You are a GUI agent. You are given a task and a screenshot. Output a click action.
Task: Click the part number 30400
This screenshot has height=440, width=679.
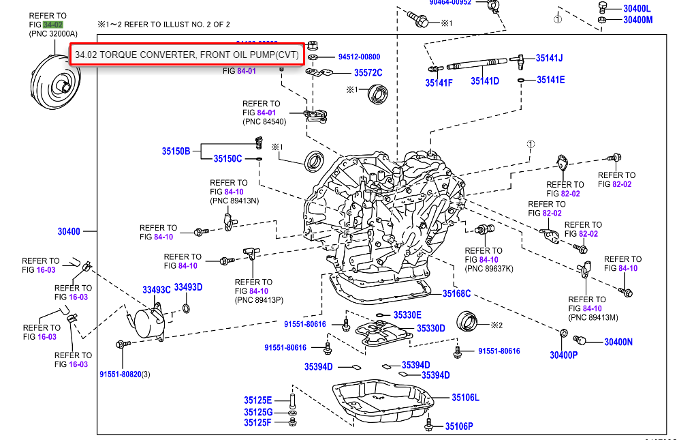point(69,232)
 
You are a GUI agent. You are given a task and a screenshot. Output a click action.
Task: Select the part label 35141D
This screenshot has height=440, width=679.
point(485,80)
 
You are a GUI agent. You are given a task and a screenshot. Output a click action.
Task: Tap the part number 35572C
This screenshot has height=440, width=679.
point(368,73)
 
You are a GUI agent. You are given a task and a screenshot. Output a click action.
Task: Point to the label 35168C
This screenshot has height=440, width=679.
point(456,293)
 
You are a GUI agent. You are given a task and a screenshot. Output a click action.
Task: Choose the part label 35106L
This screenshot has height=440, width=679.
point(465,397)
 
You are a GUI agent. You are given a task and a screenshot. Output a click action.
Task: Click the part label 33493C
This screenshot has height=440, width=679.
point(156,289)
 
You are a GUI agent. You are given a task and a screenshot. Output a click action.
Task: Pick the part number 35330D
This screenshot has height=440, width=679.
point(430,328)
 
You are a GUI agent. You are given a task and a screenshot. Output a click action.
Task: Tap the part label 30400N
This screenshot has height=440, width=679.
point(618,342)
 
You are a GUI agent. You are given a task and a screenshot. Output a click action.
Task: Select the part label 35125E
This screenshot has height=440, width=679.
point(258,400)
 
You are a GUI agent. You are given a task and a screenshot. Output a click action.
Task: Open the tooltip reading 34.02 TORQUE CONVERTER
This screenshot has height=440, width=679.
point(186,55)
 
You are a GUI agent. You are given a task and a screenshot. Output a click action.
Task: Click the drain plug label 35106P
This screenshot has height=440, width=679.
point(459,426)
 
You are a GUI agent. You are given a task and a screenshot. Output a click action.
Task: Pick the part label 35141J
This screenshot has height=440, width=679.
point(549,58)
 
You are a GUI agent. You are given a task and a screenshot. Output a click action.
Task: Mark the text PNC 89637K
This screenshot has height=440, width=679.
point(489,269)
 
